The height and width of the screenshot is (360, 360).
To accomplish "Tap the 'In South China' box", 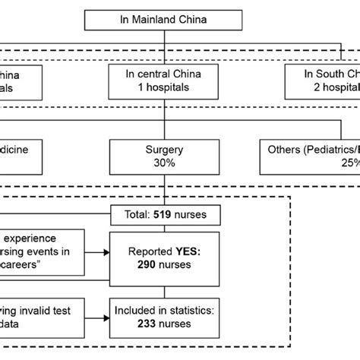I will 319,81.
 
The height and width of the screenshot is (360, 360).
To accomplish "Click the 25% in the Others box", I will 348,163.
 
